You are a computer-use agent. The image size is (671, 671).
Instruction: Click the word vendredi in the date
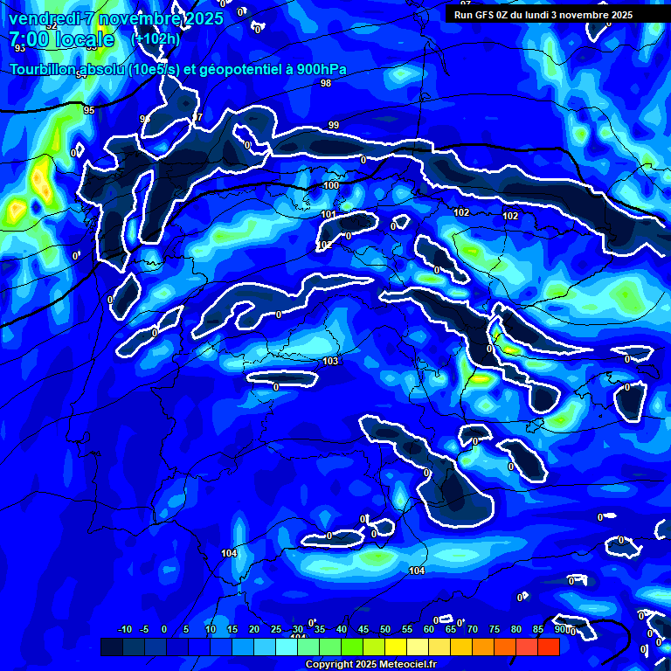[x=45, y=18]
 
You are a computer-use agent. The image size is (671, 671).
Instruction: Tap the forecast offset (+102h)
[x=155, y=38]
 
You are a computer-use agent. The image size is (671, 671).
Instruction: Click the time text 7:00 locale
[x=61, y=39]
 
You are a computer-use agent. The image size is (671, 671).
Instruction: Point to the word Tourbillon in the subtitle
[x=45, y=70]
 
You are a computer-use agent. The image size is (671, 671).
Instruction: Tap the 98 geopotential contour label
[x=326, y=83]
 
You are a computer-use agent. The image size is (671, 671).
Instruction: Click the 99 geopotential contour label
[x=334, y=126]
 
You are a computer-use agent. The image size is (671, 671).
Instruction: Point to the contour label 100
[x=331, y=185]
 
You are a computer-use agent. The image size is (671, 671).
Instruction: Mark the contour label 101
[x=328, y=214]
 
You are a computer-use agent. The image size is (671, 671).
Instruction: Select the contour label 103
[x=330, y=361]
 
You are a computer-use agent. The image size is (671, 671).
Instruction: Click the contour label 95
[x=89, y=110]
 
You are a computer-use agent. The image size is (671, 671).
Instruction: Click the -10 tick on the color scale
[x=124, y=630]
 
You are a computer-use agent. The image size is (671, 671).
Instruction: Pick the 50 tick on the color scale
[x=385, y=630]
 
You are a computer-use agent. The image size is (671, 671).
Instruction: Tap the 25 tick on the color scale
[x=276, y=630]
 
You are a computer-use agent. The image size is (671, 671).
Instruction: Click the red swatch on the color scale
[x=549, y=647]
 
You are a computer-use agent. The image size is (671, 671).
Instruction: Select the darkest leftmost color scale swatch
[x=111, y=647]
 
